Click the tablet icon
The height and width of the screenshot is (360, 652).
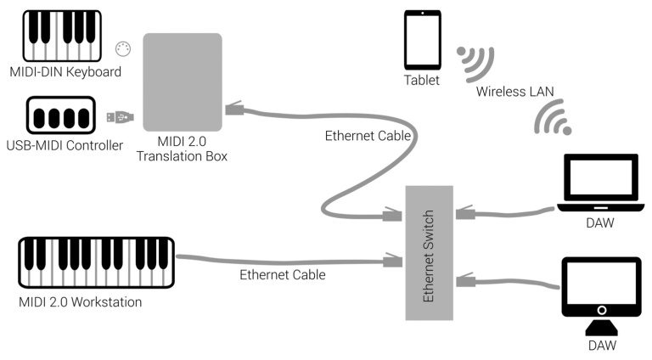(x=422, y=41)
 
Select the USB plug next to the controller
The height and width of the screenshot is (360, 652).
(x=120, y=115)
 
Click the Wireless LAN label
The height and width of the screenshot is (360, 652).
(x=514, y=91)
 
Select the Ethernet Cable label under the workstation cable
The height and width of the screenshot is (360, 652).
(x=283, y=275)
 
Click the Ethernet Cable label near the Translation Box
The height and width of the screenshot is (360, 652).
(x=368, y=136)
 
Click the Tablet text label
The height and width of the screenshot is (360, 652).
(x=422, y=81)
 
